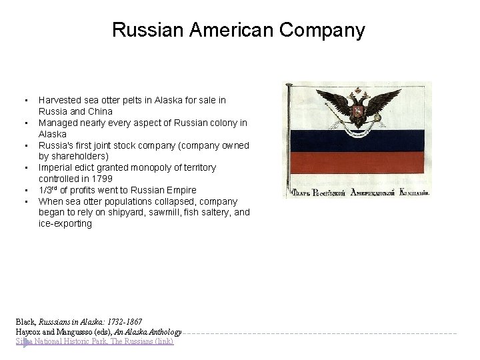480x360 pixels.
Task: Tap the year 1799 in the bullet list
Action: [x=101, y=179]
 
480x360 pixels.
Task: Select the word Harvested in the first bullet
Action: [x=61, y=100]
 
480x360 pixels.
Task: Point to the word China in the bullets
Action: [x=99, y=111]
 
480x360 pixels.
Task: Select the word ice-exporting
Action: [x=65, y=223]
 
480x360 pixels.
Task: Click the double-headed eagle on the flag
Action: [x=359, y=108]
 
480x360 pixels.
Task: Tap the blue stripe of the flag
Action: [x=360, y=141]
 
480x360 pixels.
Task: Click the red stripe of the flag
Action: [x=360, y=163]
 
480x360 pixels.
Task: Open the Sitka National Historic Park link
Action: [x=95, y=341]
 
